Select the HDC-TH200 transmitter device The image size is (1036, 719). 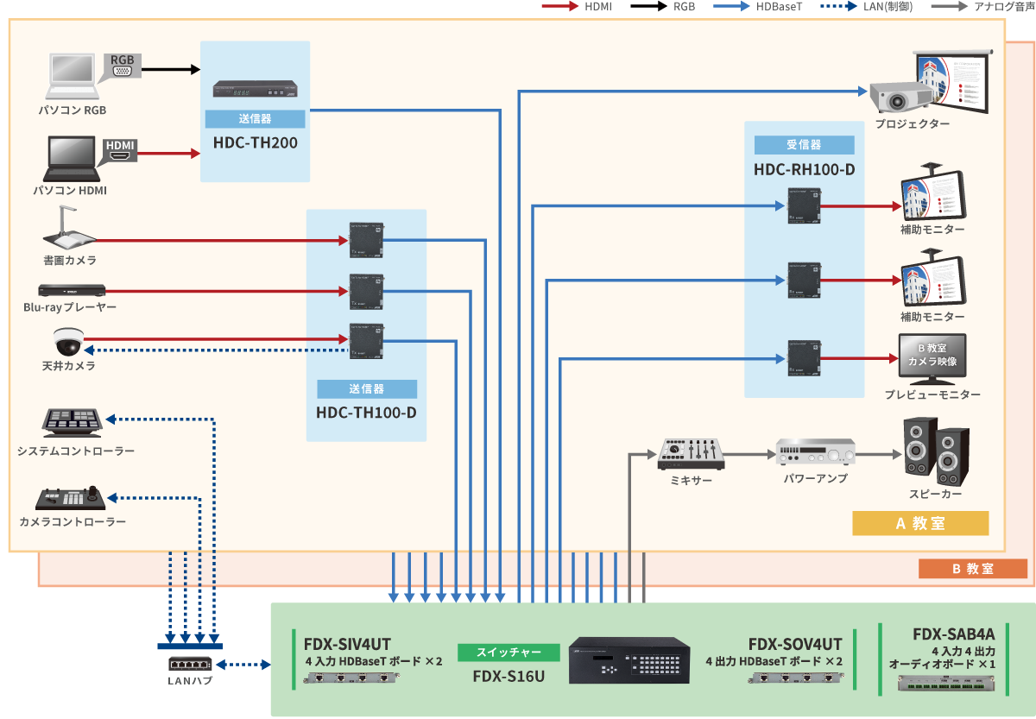point(256,91)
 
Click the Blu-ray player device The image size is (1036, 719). point(71,291)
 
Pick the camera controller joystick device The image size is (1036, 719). point(72,499)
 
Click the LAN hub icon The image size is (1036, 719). point(190,664)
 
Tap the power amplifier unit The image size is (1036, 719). point(815,452)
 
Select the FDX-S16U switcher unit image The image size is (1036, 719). point(629,661)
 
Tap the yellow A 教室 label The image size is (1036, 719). point(919,523)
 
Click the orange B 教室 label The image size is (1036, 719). point(972,569)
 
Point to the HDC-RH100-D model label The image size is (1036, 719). point(804,169)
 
